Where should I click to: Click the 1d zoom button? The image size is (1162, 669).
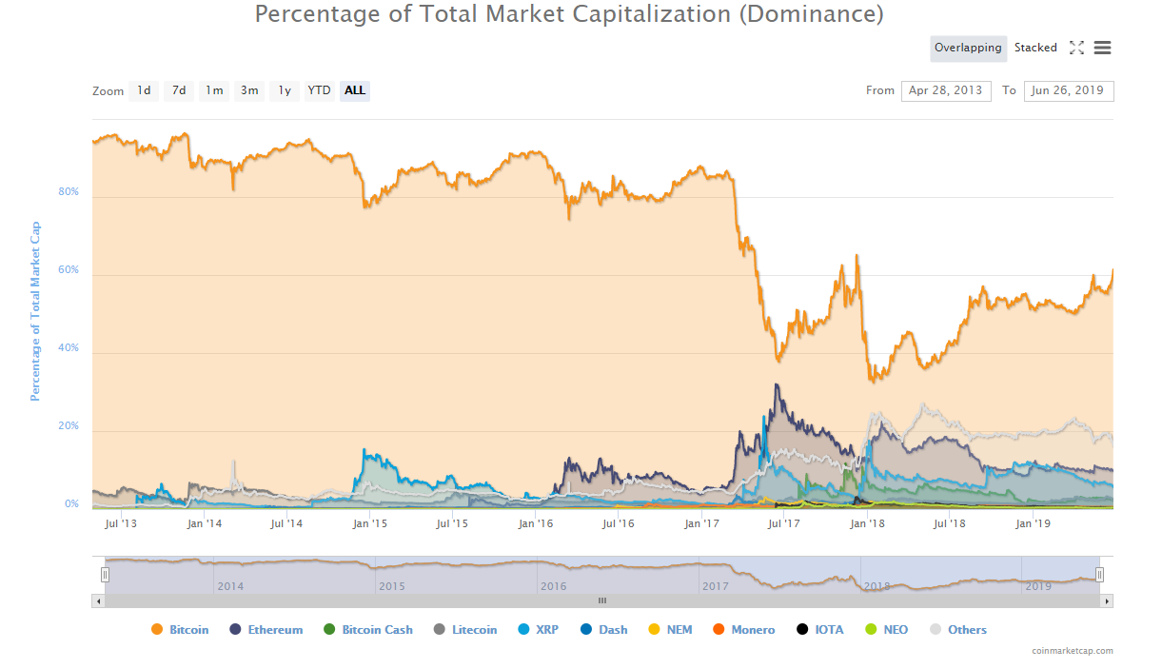[x=144, y=90]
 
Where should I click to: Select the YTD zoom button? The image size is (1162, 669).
[x=319, y=90]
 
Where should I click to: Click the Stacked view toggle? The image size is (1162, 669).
[x=1035, y=48]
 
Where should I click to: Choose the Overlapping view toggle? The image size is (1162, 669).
[x=968, y=48]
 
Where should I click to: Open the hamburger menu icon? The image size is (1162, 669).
[x=1103, y=48]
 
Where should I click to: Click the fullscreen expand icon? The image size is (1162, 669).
[x=1076, y=48]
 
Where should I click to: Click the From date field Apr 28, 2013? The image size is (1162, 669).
[x=946, y=90]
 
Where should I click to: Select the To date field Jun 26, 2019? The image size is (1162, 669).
[x=1068, y=90]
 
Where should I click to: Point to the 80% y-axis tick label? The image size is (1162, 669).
[x=69, y=192]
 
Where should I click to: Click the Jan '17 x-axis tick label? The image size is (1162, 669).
[x=701, y=523]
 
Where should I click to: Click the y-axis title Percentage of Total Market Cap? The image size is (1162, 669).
[x=36, y=311]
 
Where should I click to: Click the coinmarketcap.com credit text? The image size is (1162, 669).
[x=1072, y=651]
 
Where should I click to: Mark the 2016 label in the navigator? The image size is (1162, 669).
[x=554, y=586]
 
